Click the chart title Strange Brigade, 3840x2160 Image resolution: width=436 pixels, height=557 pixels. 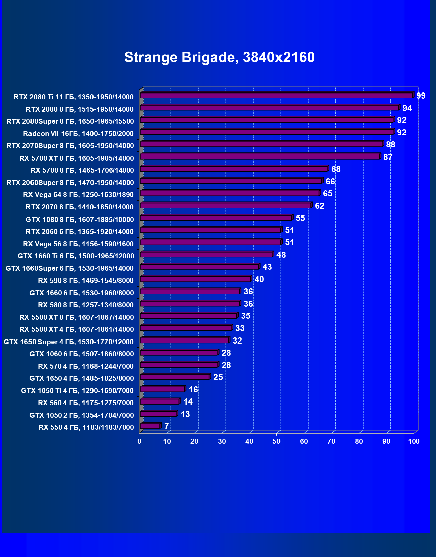(219, 57)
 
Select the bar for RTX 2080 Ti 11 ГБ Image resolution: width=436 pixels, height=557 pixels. (276, 96)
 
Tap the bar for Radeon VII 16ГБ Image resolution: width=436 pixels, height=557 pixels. (267, 132)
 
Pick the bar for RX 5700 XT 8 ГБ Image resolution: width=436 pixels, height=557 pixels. (260, 157)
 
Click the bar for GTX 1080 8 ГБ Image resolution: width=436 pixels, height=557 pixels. (216, 218)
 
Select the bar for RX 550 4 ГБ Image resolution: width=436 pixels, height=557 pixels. (150, 426)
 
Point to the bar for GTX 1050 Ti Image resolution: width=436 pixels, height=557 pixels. (163, 389)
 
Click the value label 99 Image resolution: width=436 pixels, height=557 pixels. (421, 96)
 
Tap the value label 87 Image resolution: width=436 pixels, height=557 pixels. (388, 157)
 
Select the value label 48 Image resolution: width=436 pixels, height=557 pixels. (281, 255)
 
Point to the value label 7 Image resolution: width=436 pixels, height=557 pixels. (166, 426)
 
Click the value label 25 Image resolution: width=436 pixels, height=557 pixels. (218, 377)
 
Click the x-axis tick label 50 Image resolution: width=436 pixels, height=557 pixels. (276, 441)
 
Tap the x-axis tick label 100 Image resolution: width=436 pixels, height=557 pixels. (414, 441)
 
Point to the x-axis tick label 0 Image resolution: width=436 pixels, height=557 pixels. (139, 441)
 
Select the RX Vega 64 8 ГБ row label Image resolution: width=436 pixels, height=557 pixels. (78, 195)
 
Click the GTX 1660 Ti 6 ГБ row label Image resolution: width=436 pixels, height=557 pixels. (76, 256)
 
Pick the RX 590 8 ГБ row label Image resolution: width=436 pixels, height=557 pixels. (86, 281)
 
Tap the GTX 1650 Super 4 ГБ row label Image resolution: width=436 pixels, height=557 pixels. (69, 342)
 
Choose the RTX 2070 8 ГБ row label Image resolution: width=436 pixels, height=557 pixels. (80, 207)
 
